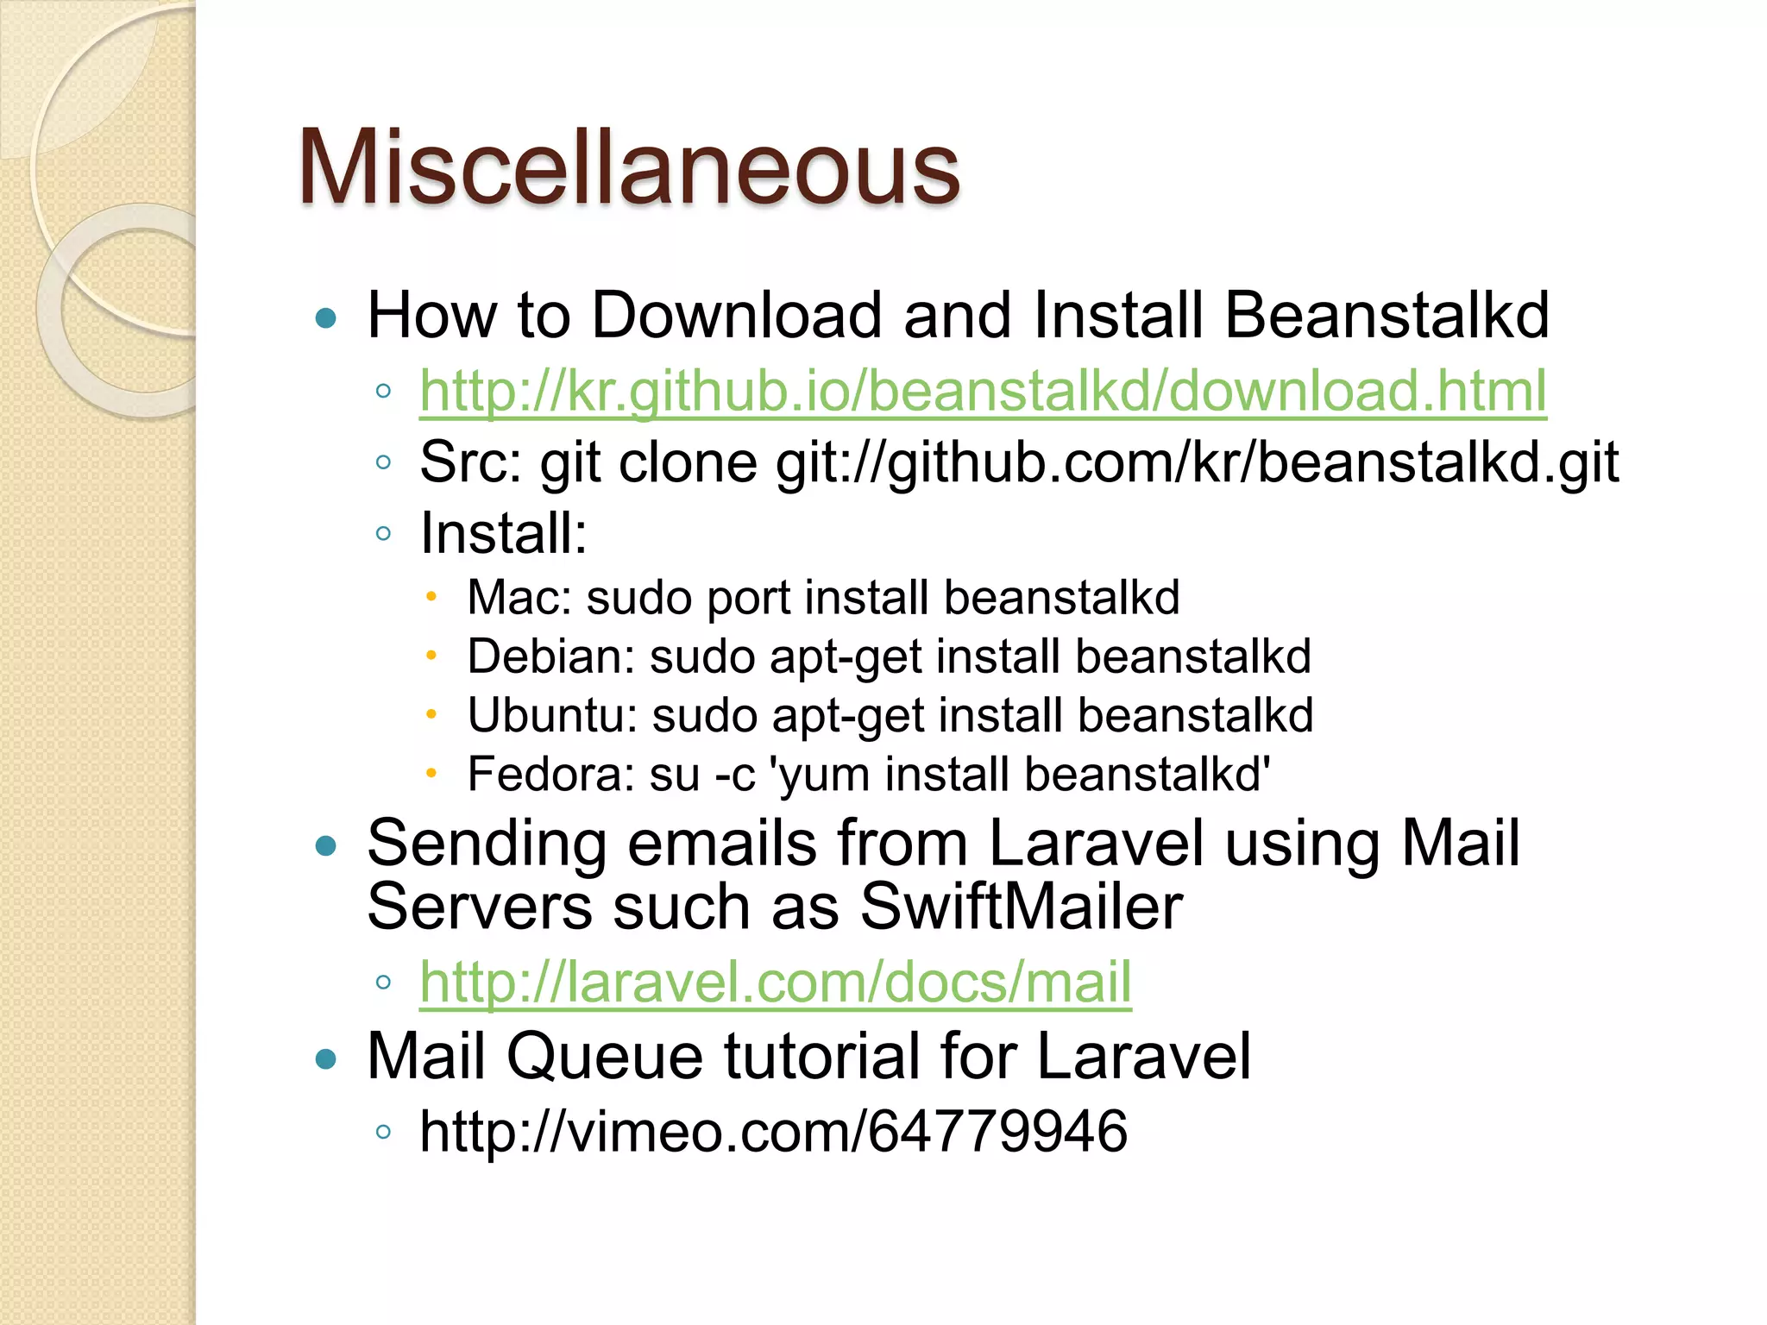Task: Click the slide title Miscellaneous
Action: [628, 167]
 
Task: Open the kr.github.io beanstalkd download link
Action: [983, 392]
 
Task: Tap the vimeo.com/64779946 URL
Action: [773, 1131]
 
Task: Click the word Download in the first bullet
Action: [737, 315]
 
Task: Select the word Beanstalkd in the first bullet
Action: [1387, 315]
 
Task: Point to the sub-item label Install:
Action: [504, 533]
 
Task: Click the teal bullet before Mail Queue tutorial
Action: [325, 1058]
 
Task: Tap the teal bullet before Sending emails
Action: [325, 846]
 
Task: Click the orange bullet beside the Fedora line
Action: [431, 774]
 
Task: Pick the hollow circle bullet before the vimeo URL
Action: [384, 1132]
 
